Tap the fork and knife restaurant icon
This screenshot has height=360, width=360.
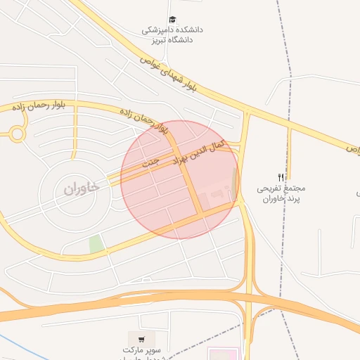[281, 178]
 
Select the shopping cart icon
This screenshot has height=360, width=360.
[142, 339]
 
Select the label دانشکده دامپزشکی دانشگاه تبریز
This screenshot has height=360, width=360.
[173, 35]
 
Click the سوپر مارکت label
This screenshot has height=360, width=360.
[143, 350]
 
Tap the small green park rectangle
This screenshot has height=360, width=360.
[96, 244]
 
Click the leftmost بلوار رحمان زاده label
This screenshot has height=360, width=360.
[39, 105]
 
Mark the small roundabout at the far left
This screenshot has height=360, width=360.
[16, 133]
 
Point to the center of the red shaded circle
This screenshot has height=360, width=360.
[180, 179]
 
